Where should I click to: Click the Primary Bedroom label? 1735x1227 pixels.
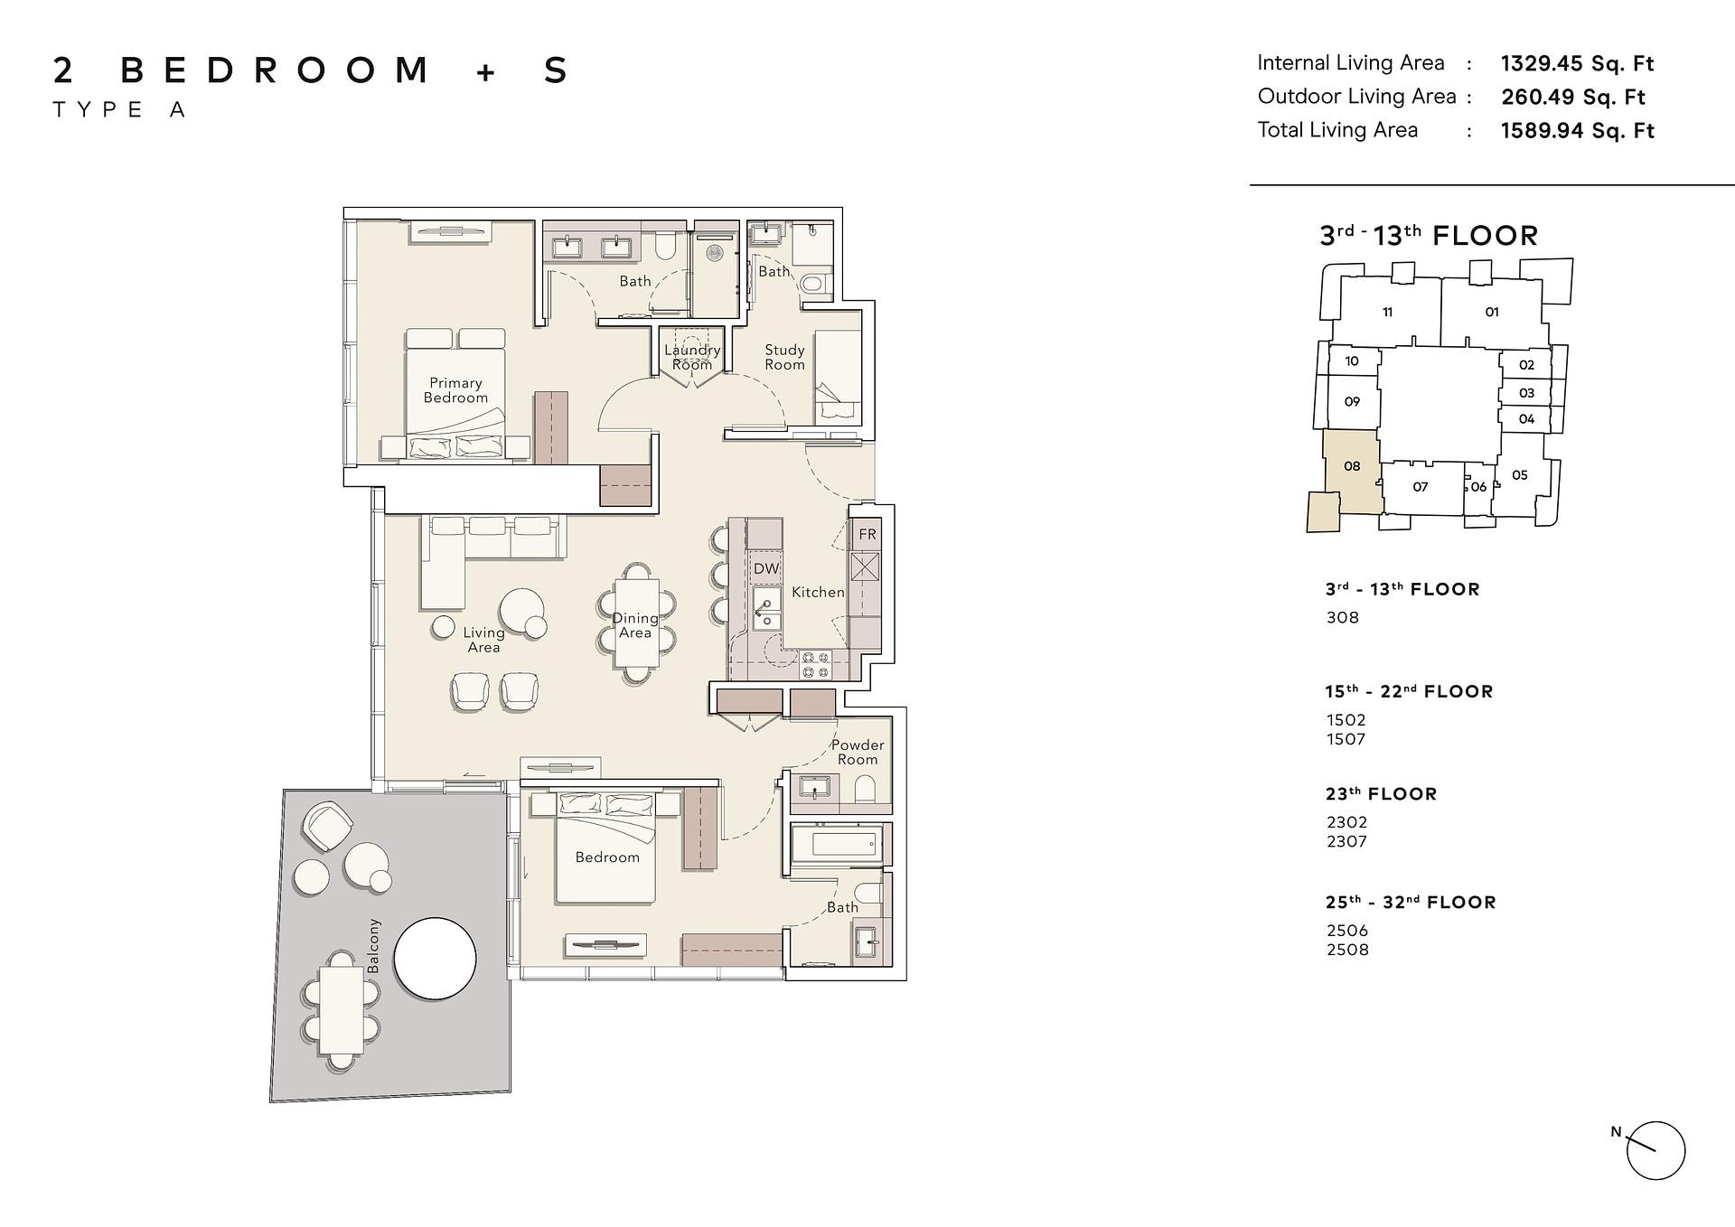coord(455,390)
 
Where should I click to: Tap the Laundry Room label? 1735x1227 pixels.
coord(692,357)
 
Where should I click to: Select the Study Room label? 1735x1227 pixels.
coord(784,357)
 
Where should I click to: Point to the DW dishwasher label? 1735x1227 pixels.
coord(766,568)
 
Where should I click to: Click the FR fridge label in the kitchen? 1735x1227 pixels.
coord(867,534)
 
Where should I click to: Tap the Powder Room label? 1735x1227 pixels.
coord(858,752)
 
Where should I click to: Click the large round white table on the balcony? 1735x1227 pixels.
coord(436,959)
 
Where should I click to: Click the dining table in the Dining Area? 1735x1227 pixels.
coord(636,624)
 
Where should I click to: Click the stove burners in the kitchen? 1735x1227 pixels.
coord(816,665)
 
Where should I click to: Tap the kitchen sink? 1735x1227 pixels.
coord(766,608)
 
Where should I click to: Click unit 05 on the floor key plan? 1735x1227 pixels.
coord(1520,475)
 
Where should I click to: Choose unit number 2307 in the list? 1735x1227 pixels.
coord(1346,841)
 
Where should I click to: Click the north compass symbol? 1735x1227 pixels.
coord(1655,1150)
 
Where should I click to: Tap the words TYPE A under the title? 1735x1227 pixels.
coord(119,110)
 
